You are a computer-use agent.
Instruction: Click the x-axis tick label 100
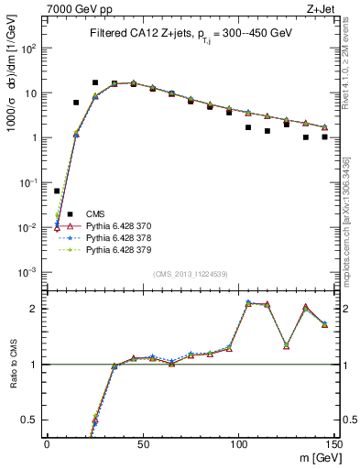point(238,443)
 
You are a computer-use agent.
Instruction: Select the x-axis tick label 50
point(143,443)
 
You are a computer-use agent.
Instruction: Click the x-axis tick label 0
point(47,443)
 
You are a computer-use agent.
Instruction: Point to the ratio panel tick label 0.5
point(32,420)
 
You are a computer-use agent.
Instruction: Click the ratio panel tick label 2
point(36,309)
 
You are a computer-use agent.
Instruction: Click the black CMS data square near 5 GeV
point(57,191)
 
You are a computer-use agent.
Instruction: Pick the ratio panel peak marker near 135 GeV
point(306,307)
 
